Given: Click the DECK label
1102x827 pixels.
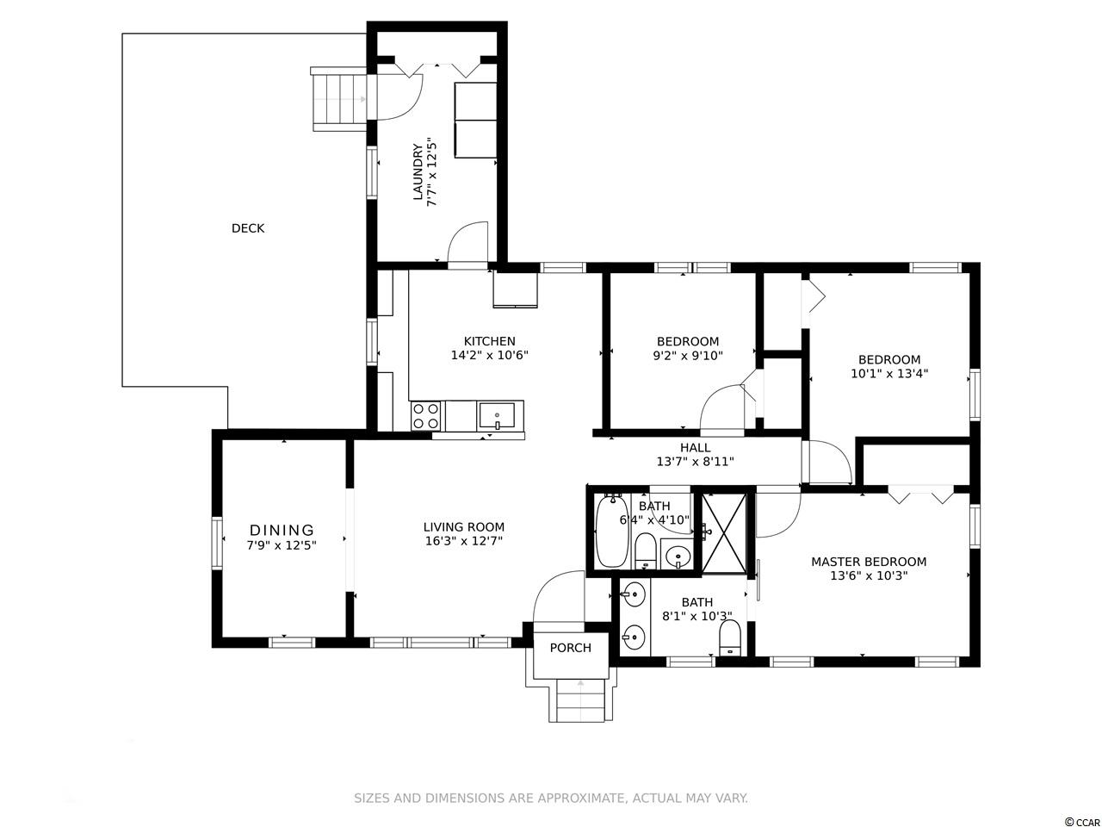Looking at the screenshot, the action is pos(247,228).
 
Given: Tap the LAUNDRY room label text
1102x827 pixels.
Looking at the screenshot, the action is pos(418,171).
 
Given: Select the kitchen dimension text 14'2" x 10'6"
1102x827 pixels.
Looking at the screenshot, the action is pos(490,356).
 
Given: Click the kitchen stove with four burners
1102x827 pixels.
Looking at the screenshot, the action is pos(426,416).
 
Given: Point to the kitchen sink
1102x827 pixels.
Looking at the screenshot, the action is pos(497,415).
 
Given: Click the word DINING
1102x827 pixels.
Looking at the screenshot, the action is pos(282,531).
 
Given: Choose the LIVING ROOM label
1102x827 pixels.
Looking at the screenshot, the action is pos(464,527).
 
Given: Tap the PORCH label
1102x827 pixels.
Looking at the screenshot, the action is pos(570,648).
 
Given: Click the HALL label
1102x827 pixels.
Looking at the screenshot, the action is pos(696,447).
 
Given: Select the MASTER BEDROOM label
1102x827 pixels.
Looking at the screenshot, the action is pos(869,562).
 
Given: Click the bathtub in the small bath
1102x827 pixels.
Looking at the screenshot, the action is pos(611,531).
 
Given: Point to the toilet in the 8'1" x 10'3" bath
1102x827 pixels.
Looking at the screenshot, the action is pos(730,637).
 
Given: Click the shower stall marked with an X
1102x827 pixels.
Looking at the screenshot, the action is pos(723,532).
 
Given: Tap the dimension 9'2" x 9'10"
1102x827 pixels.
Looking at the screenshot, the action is pos(688,356).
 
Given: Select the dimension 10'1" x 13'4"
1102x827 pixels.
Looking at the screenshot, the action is pos(889,374).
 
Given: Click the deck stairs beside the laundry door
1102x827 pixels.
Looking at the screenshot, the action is pos(339,99).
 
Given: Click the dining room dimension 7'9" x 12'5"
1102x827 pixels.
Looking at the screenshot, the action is pos(282,545).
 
